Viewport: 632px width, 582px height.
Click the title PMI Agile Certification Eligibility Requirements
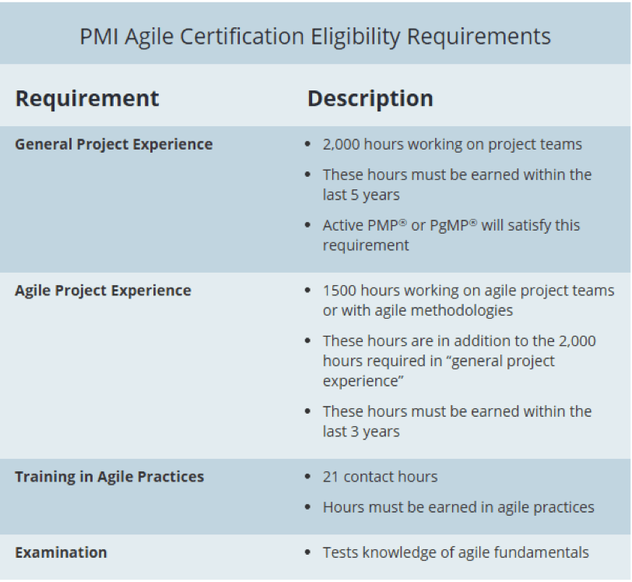[315, 37]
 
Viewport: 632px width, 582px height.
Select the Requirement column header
[87, 99]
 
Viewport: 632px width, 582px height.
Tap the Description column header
[370, 99]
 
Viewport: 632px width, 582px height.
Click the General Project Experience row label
[114, 144]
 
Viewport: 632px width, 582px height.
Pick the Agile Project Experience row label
[103, 291]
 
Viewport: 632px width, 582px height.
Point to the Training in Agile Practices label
[109, 477]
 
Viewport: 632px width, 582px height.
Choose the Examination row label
[61, 552]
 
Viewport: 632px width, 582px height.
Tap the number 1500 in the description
[339, 291]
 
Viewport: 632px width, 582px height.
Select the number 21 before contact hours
[331, 477]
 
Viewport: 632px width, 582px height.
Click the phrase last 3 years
[361, 432]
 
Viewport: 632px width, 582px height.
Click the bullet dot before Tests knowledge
[308, 553]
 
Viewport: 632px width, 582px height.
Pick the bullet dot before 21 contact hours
[308, 478]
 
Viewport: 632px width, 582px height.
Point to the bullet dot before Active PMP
[308, 226]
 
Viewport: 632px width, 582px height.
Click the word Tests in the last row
[341, 552]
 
